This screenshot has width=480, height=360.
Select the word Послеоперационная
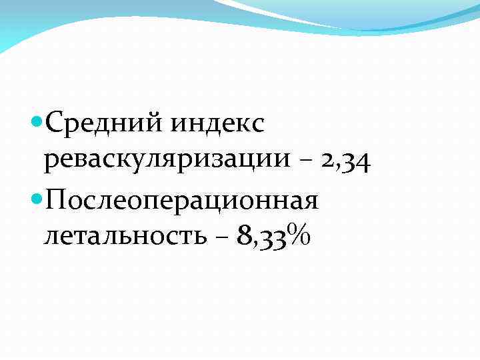[x=180, y=200]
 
